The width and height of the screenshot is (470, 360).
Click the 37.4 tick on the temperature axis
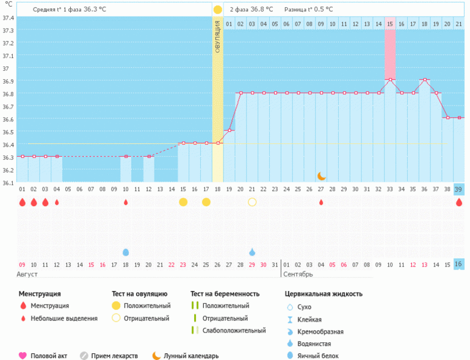[x=9, y=18]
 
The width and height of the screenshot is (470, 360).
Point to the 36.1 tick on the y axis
[x=9, y=182]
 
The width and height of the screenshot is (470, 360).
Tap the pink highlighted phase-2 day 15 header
[x=389, y=24]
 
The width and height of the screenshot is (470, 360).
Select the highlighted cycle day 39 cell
[x=458, y=189]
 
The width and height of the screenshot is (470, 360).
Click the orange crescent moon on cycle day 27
[x=321, y=176]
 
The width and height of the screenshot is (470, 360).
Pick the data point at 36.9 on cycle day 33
[x=390, y=80]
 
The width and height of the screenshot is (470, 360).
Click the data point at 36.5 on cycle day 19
[x=230, y=131]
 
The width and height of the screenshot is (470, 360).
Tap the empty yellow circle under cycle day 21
[x=252, y=202]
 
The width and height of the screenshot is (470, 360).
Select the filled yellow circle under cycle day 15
[x=183, y=202]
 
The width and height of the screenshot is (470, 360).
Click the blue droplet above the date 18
[x=126, y=252]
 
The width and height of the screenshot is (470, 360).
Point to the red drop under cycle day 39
[x=458, y=202]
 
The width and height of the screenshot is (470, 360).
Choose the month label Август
[x=31, y=275]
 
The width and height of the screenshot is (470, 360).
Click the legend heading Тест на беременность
[x=225, y=293]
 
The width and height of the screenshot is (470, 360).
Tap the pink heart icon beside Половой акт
[x=23, y=356]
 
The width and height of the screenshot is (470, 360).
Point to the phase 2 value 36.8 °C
[x=264, y=10]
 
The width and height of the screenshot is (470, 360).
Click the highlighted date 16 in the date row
[x=458, y=264]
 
